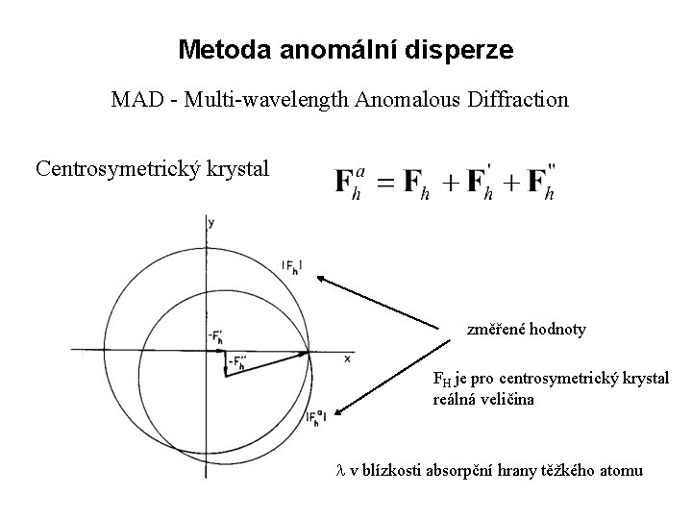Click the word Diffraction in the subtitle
click(520, 99)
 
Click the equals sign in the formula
click(386, 183)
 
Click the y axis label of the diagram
click(210, 223)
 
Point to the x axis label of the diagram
click(346, 358)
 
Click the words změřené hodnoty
click(526, 330)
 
